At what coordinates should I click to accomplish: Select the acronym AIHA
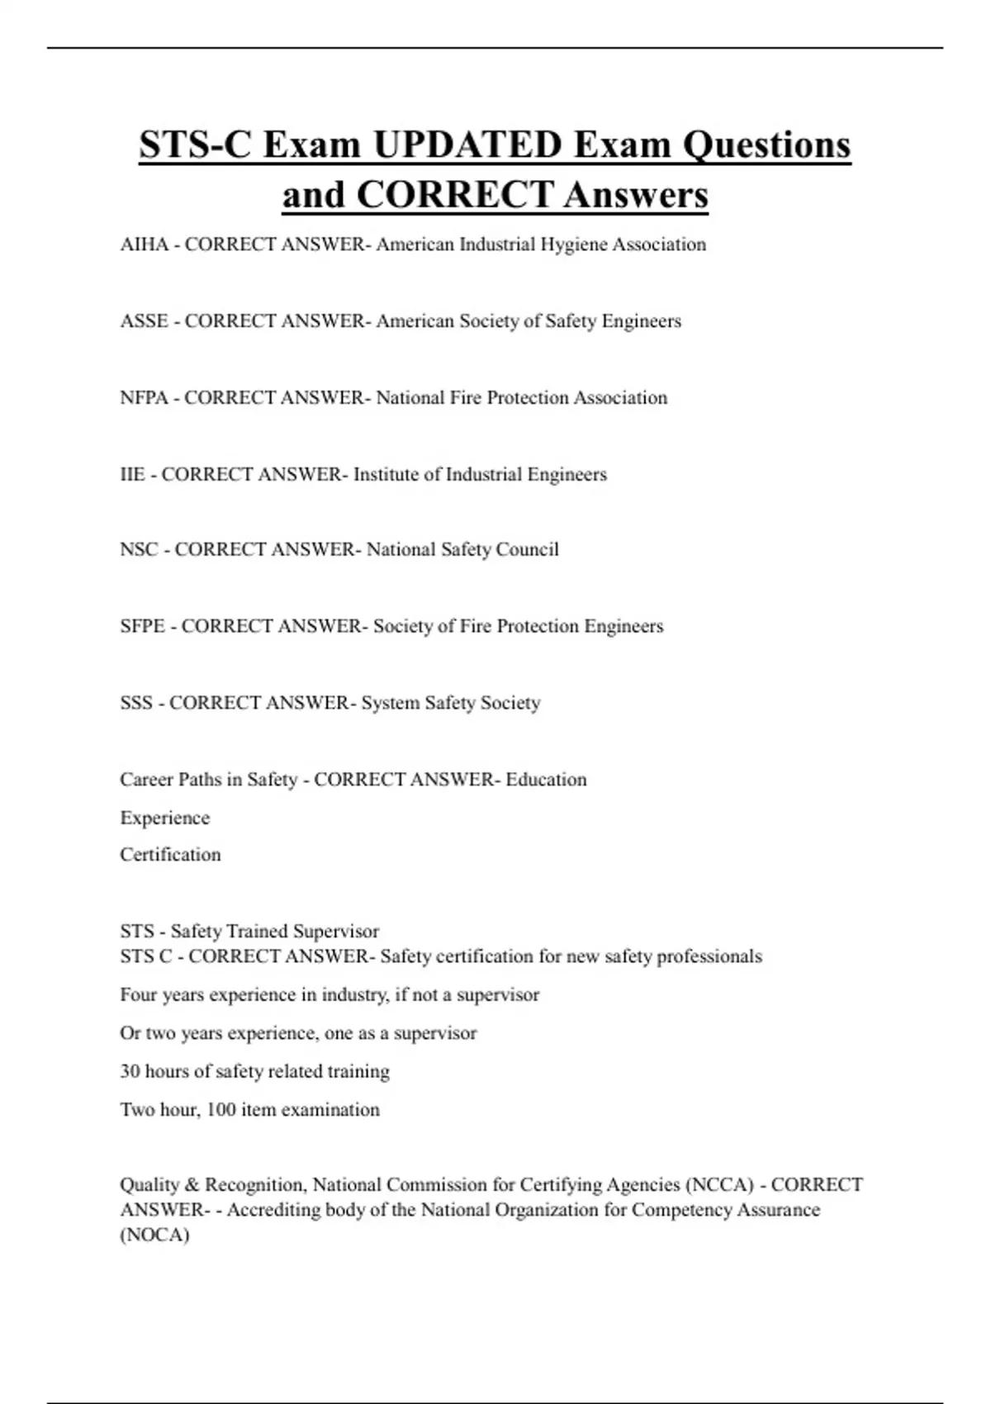coord(145,244)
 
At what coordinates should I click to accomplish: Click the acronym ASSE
coord(145,321)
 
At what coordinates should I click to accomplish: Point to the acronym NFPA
coord(145,398)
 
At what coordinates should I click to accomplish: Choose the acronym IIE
coord(132,475)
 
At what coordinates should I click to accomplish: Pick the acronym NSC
coord(139,550)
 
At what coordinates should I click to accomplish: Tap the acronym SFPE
coord(143,627)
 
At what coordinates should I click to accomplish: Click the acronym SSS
coord(136,704)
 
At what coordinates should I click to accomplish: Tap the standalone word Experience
coord(165,818)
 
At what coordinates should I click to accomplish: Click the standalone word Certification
coord(170,855)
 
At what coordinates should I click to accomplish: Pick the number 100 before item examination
coord(220,1110)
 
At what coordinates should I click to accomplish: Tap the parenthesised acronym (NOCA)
coord(154,1236)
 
